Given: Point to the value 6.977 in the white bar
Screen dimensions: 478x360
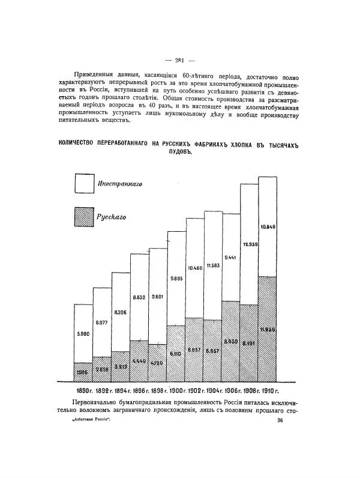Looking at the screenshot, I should (x=101, y=322).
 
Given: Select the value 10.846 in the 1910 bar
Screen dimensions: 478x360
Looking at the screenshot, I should (x=268, y=226).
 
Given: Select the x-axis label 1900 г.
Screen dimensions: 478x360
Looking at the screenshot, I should (x=175, y=391).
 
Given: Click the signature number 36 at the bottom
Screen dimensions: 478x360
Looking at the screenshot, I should (x=280, y=421).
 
